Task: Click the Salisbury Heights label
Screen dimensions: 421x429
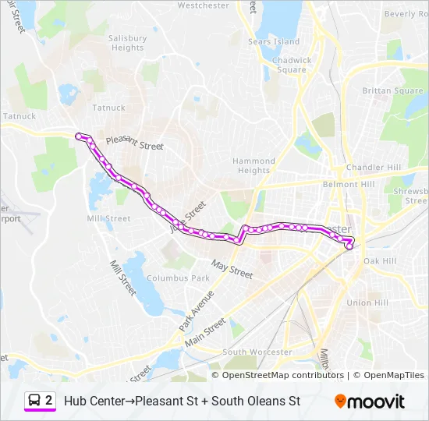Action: [x=127, y=43]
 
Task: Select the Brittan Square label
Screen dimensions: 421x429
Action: [x=392, y=91]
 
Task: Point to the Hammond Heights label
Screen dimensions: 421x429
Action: [x=253, y=165]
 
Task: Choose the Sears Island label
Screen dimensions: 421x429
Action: [x=273, y=41]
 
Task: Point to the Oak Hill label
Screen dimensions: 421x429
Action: [x=380, y=260]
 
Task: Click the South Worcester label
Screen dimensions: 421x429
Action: [x=257, y=352]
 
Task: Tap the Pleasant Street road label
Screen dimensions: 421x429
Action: [x=134, y=143]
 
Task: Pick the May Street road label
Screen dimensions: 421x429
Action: [x=232, y=270]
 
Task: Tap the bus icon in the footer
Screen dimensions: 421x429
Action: [x=35, y=401]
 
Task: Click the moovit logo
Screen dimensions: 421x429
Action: [x=369, y=402]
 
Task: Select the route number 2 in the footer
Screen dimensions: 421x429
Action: [x=49, y=401]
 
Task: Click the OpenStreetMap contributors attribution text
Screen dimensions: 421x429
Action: [x=283, y=375]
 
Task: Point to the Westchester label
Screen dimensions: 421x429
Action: [x=204, y=5]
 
